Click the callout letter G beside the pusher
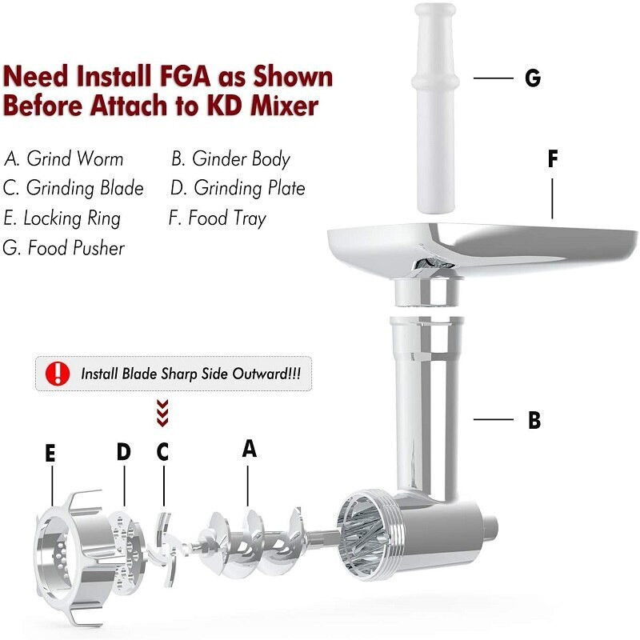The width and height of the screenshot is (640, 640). click(x=532, y=78)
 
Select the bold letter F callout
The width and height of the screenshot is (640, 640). click(x=552, y=158)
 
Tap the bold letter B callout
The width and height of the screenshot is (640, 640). click(x=534, y=420)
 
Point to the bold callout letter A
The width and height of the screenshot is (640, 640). click(x=250, y=449)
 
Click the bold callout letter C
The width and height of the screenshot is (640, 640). click(x=162, y=452)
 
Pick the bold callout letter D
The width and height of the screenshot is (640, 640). click(x=123, y=452)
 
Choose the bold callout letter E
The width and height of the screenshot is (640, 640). click(x=50, y=454)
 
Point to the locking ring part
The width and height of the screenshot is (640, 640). click(x=68, y=552)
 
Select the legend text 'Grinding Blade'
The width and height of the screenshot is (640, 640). click(x=74, y=189)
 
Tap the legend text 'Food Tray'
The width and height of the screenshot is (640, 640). click(x=218, y=218)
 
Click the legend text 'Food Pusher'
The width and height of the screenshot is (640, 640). click(x=65, y=248)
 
